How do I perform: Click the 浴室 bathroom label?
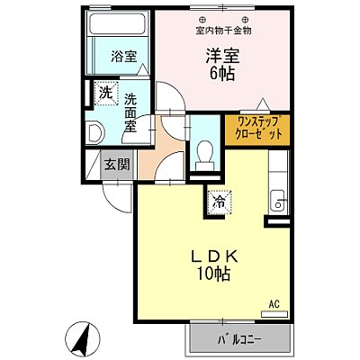pyautogui.click(x=123, y=56)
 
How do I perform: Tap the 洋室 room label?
pyautogui.click(x=220, y=55)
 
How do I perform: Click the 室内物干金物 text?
pyautogui.click(x=223, y=31)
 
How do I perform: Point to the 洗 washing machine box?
pyautogui.click(x=105, y=93)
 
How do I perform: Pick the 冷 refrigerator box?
pyautogui.click(x=219, y=202)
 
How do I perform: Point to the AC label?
pyautogui.click(x=276, y=306)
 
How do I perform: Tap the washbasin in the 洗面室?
pyautogui.click(x=95, y=132)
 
